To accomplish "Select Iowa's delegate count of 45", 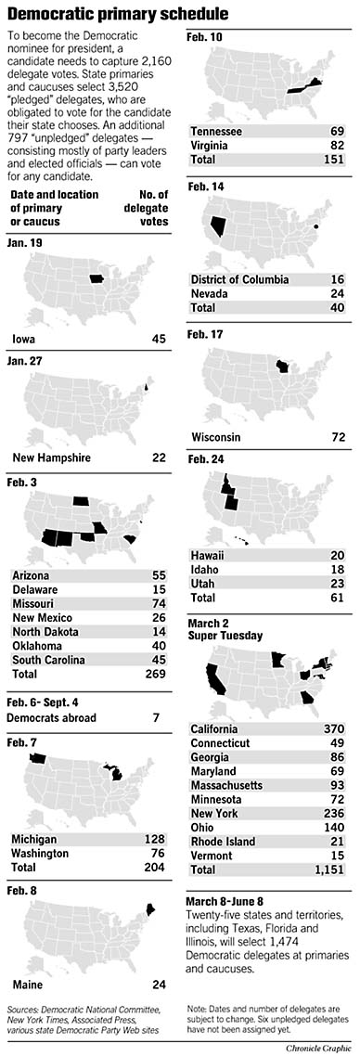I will [x=159, y=340].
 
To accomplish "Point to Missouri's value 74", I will [x=159, y=602].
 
